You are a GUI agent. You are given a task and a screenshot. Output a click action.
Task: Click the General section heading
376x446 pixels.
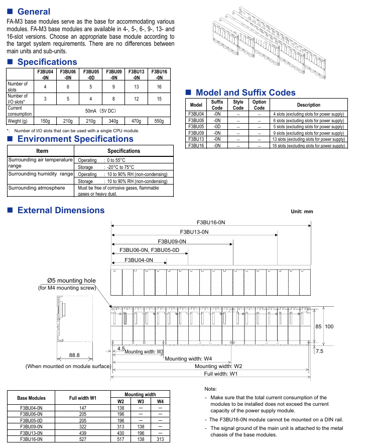click(x=34, y=12)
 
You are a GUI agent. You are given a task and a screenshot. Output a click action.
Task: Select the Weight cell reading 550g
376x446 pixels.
click(x=159, y=121)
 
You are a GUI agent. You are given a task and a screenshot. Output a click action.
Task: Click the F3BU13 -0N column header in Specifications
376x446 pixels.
click(x=136, y=74)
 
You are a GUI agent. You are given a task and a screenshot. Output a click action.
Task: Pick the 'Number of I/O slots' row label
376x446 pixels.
click(x=18, y=99)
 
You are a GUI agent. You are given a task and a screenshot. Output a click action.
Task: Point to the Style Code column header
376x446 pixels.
click(x=238, y=105)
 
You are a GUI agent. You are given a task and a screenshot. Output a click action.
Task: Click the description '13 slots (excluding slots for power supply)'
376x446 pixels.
click(x=308, y=139)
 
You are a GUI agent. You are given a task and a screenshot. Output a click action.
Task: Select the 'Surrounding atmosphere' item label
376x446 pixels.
click(x=37, y=188)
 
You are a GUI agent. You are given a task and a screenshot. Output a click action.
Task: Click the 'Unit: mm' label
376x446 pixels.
click(x=302, y=211)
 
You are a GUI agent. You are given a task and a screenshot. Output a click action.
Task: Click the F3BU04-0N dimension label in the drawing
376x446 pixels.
click(x=139, y=259)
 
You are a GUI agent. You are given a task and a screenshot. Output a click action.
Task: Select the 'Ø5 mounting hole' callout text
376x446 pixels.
click(x=71, y=280)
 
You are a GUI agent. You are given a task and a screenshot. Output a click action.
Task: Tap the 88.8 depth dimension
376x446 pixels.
click(x=74, y=355)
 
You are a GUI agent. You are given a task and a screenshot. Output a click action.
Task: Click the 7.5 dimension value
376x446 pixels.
click(x=319, y=351)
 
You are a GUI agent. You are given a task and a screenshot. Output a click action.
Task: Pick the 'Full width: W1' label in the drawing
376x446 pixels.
click(x=220, y=374)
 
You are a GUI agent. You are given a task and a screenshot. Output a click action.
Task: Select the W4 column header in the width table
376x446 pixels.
click(x=160, y=401)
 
